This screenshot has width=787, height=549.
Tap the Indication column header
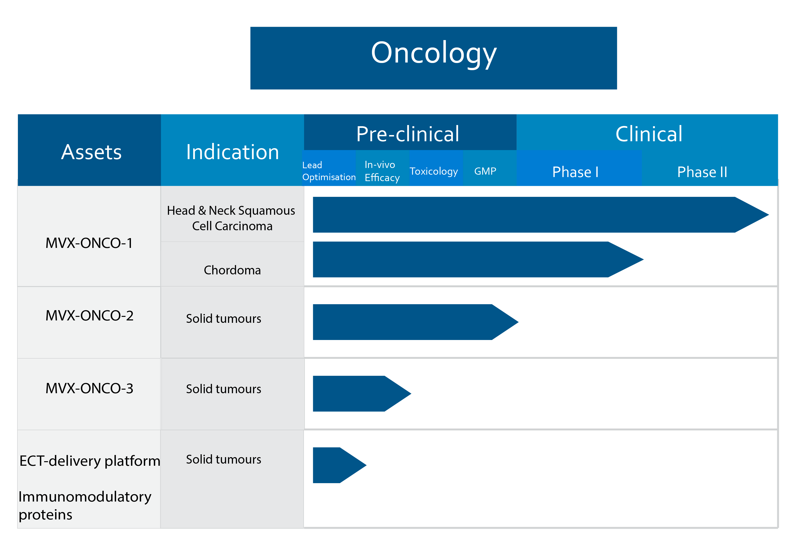232,152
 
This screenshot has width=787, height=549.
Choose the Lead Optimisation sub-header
329,171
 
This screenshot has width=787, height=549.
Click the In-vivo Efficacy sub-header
382,171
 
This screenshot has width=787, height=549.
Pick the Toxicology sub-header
434,171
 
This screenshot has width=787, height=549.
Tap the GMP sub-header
485,171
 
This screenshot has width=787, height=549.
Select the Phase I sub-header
575,172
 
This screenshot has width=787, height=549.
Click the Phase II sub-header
702,172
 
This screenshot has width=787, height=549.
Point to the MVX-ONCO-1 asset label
89,243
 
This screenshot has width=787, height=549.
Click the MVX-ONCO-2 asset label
89,315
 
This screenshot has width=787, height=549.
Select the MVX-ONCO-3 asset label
89,388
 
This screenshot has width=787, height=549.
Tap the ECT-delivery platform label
90,461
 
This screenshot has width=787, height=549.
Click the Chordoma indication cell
232,270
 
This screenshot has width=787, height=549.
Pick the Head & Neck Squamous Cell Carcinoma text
231,218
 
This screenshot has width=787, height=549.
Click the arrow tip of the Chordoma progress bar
644,260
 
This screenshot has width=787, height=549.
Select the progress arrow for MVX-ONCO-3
362,394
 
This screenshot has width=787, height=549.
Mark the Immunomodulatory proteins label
85,505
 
